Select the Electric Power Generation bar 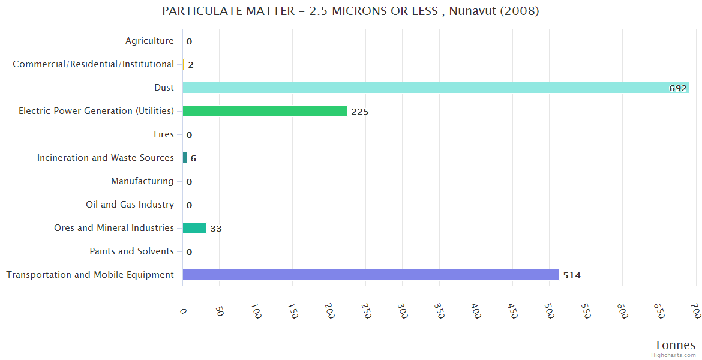(x=265, y=111)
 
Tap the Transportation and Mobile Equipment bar (x=370, y=275)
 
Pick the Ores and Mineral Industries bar (x=194, y=228)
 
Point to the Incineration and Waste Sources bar (x=185, y=158)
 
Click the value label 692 (x=677, y=88)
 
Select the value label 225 (x=360, y=112)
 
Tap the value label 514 (x=572, y=275)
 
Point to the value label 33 (x=216, y=229)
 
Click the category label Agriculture (x=149, y=41)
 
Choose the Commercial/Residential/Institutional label (x=93, y=64)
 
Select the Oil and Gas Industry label (x=130, y=205)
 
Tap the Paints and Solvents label (x=131, y=251)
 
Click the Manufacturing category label (x=142, y=181)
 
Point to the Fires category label (x=164, y=134)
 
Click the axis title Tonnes (x=675, y=345)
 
